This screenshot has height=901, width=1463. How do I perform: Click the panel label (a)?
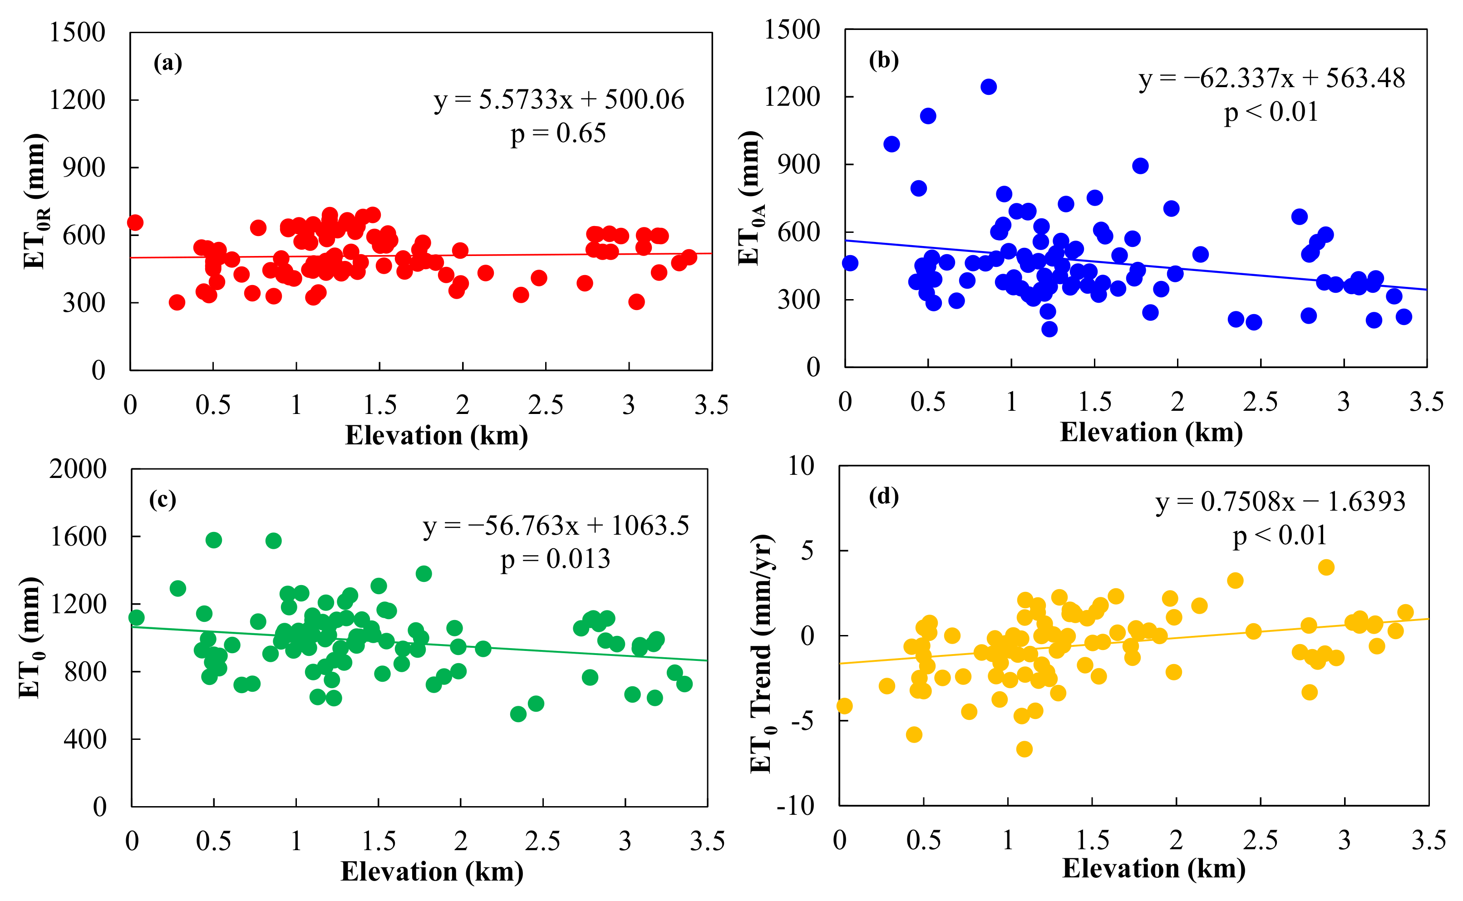point(167,63)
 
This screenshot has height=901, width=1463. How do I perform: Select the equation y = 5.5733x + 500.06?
point(559,99)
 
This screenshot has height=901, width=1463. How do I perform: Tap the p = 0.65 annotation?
point(558,133)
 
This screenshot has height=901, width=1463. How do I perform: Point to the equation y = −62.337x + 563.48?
point(1272,78)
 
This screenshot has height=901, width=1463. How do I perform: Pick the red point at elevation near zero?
point(135,223)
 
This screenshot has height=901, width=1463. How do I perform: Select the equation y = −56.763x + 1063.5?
point(556,526)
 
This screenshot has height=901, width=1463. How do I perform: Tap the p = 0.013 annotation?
point(556,559)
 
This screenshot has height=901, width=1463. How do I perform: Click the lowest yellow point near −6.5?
point(1025,749)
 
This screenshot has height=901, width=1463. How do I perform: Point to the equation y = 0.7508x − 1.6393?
point(1281,502)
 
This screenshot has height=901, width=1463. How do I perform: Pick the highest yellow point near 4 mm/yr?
point(1326,567)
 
